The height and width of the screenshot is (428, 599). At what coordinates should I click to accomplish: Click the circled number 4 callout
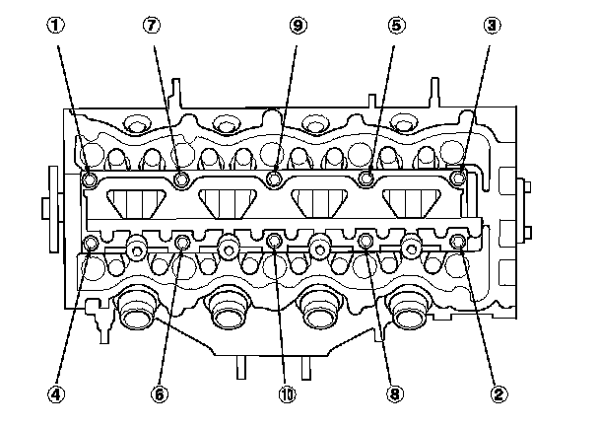coord(58,393)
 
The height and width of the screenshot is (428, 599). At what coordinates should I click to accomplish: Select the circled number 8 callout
coord(395,393)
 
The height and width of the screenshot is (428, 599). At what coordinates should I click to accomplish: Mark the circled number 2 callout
coord(499,393)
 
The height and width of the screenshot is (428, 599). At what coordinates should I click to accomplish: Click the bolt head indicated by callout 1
coord(91,179)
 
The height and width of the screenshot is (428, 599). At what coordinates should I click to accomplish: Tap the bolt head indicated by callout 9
coord(275,178)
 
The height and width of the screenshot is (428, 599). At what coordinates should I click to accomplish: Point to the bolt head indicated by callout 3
coord(457,178)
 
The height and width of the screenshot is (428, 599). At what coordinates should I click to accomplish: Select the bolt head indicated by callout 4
coord(91,243)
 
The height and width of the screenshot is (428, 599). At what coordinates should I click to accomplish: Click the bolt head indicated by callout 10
coord(275,240)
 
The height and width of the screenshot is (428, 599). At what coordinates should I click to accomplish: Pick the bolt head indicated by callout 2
coord(457,241)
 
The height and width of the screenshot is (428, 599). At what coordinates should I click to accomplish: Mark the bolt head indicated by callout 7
coord(182,179)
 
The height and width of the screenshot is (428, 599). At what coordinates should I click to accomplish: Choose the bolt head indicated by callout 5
coord(366,178)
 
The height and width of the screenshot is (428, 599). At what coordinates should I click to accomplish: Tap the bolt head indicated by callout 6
coord(182,242)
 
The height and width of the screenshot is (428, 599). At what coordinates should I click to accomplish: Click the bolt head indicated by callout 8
coord(365,240)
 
